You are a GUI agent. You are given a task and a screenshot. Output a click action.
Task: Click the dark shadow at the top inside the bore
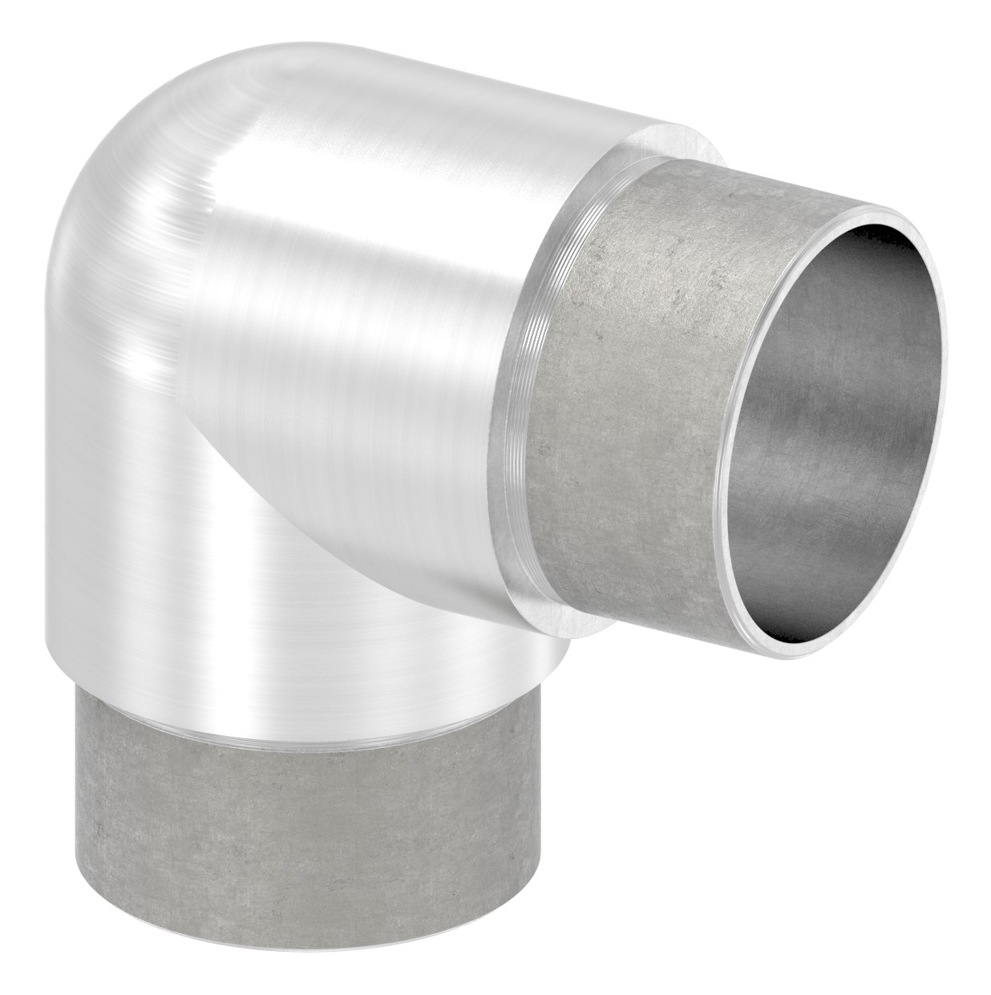[x=882, y=265]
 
